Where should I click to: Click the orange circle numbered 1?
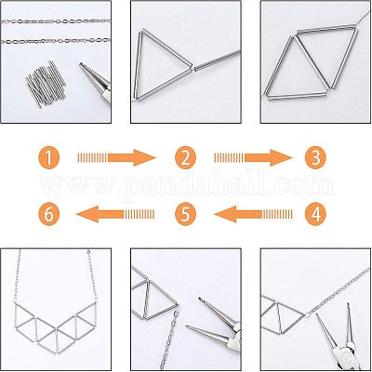coord(48,158)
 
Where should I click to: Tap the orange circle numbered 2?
coord(185,158)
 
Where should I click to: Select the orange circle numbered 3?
coord(315,158)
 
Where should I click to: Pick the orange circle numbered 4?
coord(315,214)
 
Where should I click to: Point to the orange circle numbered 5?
coord(185,214)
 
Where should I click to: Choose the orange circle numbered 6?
coord(48,214)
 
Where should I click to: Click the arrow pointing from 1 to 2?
coord(116,158)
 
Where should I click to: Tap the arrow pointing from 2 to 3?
coord(253,158)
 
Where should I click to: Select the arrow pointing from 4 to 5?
coord(253,214)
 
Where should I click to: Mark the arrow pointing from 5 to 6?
coord(115,214)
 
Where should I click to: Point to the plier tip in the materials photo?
coord(81,64)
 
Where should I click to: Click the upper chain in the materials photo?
coord(56,21)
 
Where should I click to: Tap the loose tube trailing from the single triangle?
coord(217,60)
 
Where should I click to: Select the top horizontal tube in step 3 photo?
coord(326,28)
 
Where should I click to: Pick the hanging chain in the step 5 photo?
coord(169,340)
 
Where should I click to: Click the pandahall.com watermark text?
coord(187,184)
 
